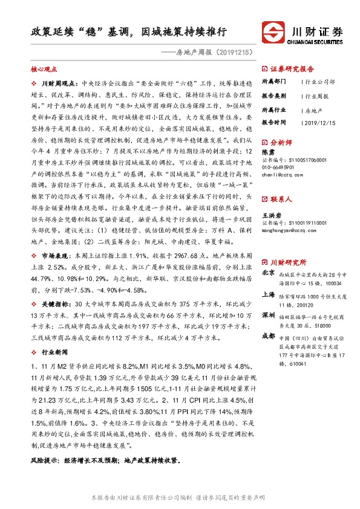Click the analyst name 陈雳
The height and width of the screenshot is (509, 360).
[x=267, y=153]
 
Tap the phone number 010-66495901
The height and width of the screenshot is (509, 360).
[x=279, y=167]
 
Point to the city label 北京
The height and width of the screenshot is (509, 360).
[x=268, y=273]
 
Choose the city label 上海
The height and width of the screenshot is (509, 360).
[x=268, y=295]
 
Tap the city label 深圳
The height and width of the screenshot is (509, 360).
[x=268, y=316]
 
